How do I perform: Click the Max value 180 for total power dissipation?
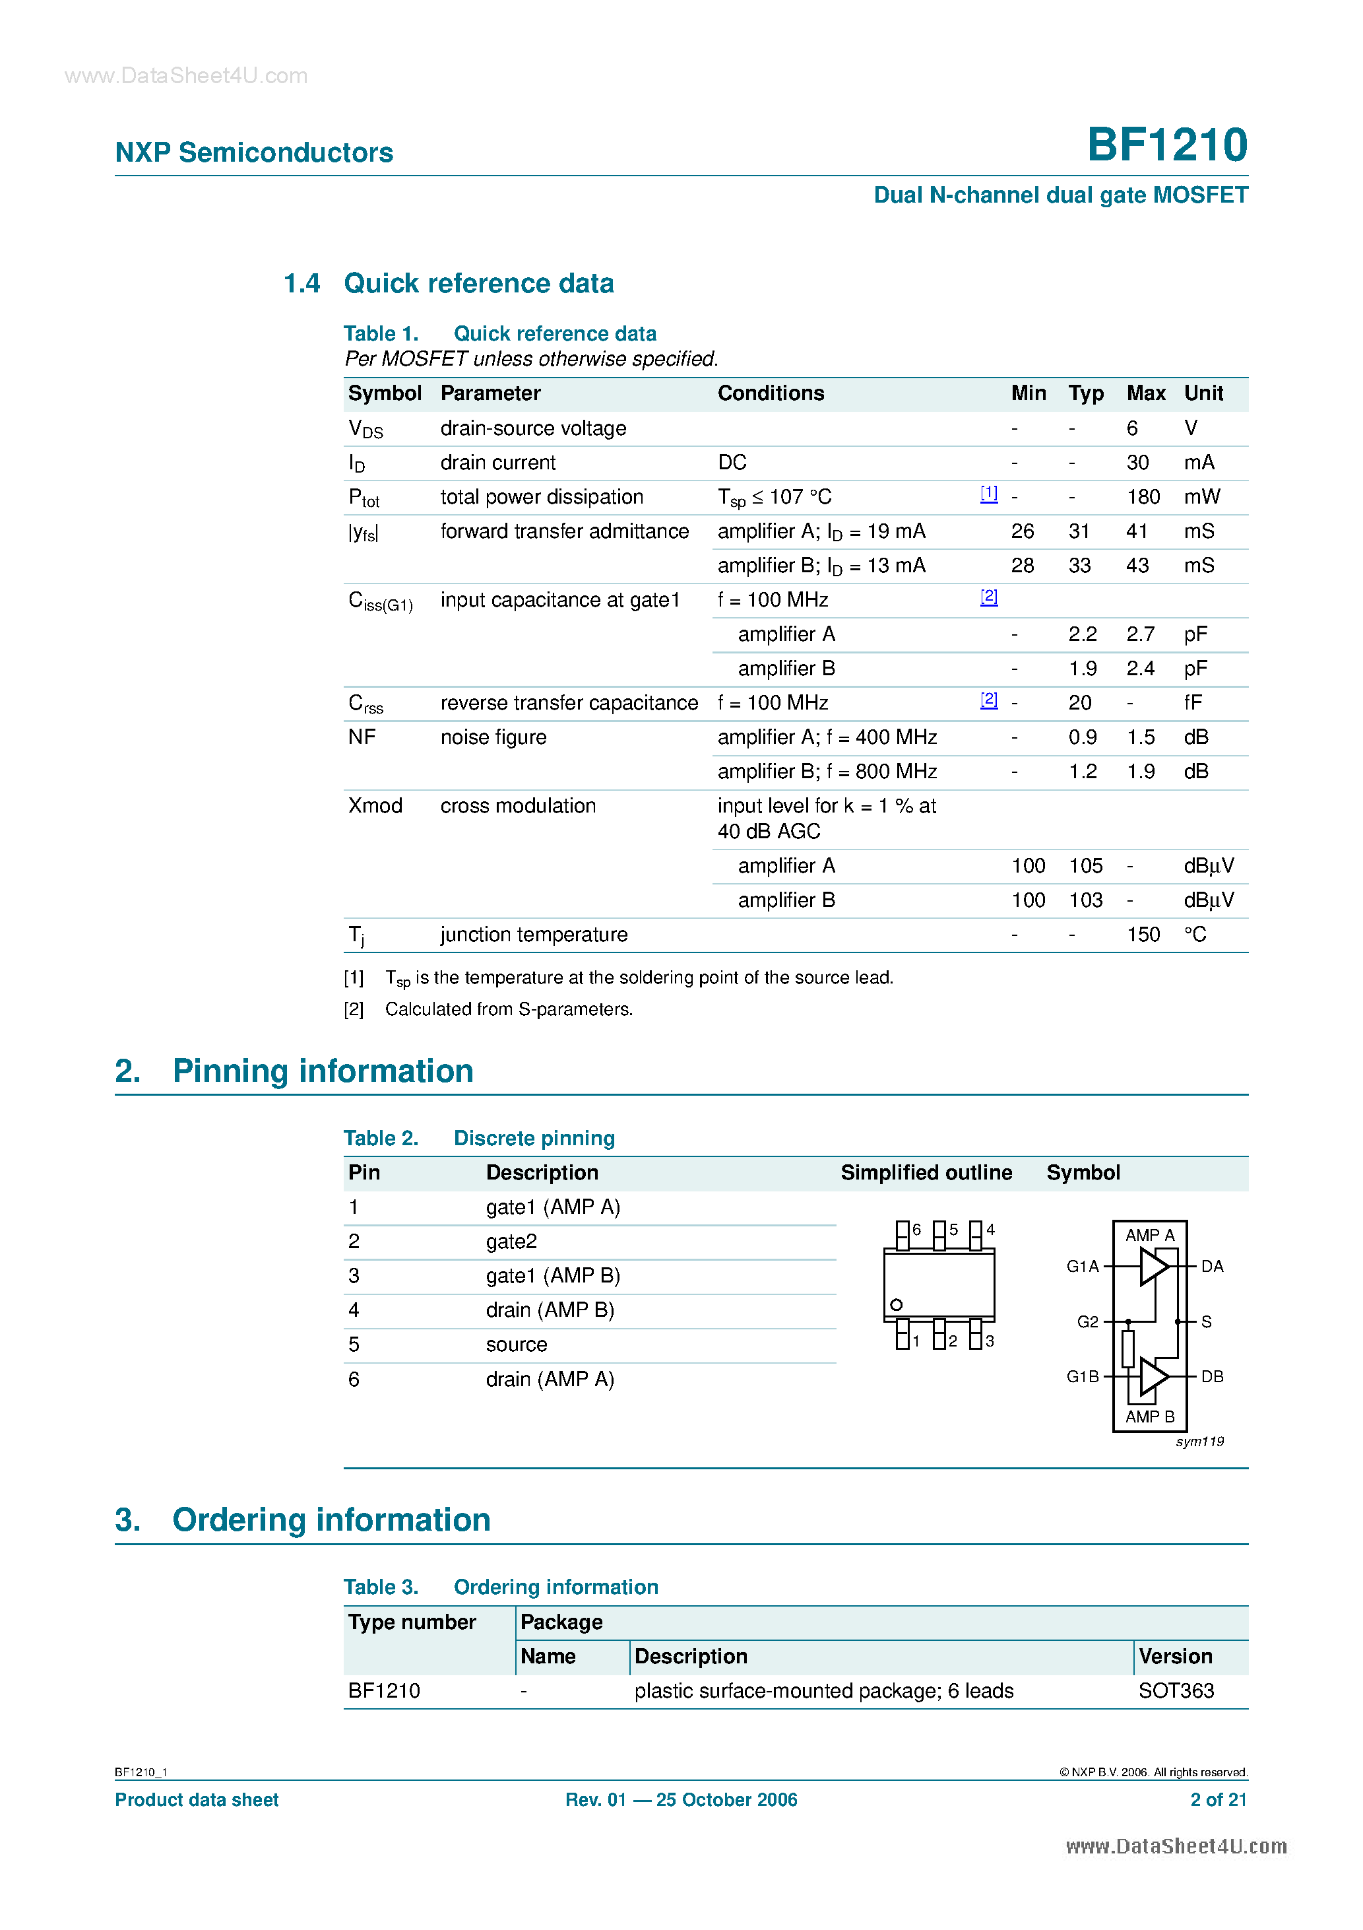coord(1143,497)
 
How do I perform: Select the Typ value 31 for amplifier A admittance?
coord(1079,531)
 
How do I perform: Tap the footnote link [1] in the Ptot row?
coord(989,494)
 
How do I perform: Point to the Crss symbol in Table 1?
coord(365,704)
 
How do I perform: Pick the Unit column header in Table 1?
coord(1203,393)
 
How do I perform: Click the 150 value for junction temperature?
coord(1143,935)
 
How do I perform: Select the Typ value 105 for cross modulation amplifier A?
coord(1085,866)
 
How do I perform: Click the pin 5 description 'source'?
coord(516,1345)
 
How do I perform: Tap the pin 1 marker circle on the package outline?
coord(897,1305)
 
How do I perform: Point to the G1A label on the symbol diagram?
coord(1083,1266)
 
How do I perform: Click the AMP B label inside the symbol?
coord(1149,1416)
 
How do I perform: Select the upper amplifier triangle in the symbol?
coord(1153,1266)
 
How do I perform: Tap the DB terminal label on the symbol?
coord(1212,1376)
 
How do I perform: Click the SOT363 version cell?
coord(1176,1691)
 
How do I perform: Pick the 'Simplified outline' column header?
coord(926,1173)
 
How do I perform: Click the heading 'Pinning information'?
coord(323,1071)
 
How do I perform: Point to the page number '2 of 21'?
coord(1218,1800)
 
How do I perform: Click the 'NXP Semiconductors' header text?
coord(254,152)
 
